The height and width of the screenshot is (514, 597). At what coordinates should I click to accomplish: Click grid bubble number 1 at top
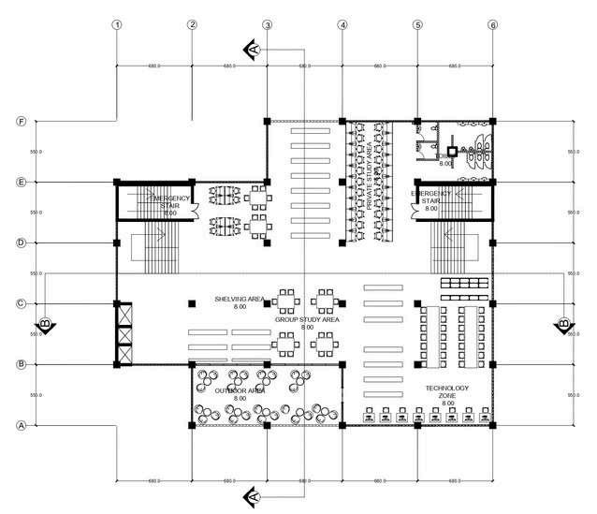(x=116, y=25)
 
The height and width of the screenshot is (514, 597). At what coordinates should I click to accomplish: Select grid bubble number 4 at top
(x=342, y=25)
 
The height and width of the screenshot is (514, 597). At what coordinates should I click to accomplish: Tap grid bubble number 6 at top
(x=492, y=25)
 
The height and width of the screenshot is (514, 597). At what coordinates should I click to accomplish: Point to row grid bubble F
(x=21, y=122)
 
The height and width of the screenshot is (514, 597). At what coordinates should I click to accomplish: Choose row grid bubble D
(x=21, y=242)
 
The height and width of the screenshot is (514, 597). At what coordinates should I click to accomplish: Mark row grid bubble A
(x=21, y=425)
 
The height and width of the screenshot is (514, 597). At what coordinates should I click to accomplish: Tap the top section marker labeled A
(x=251, y=47)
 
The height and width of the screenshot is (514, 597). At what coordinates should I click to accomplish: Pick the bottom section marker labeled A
(x=251, y=494)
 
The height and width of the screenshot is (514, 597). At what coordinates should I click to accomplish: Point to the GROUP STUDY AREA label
(x=306, y=320)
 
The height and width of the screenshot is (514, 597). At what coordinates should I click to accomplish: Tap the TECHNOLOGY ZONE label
(x=445, y=392)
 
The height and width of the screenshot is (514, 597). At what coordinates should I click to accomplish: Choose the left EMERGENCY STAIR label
(x=169, y=202)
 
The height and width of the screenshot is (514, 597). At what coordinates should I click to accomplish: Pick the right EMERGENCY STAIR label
(x=431, y=198)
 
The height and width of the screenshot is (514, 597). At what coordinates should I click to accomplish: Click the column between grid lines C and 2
(x=192, y=303)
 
